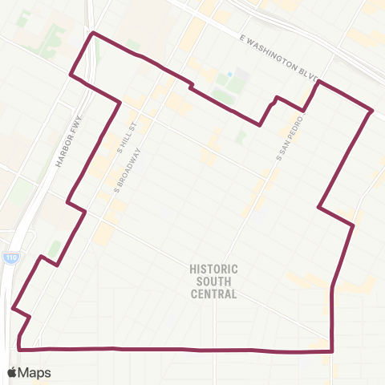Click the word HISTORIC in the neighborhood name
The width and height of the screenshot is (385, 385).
[x=214, y=269]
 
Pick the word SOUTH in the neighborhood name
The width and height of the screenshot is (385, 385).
[x=214, y=282]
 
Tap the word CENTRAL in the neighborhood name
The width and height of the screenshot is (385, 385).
[x=214, y=294]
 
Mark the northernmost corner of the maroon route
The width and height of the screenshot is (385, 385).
[x=94, y=33]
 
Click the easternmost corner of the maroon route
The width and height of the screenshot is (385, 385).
[x=372, y=110]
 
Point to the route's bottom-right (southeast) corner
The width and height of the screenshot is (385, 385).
[x=332, y=351]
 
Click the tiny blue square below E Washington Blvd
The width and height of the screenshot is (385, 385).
[x=230, y=75]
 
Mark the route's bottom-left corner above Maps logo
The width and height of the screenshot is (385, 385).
[x=19, y=349]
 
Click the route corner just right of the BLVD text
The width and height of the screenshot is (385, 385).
[x=319, y=82]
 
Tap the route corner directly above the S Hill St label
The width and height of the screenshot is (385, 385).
[x=120, y=102]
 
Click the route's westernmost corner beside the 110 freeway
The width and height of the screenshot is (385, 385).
[x=13, y=307]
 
